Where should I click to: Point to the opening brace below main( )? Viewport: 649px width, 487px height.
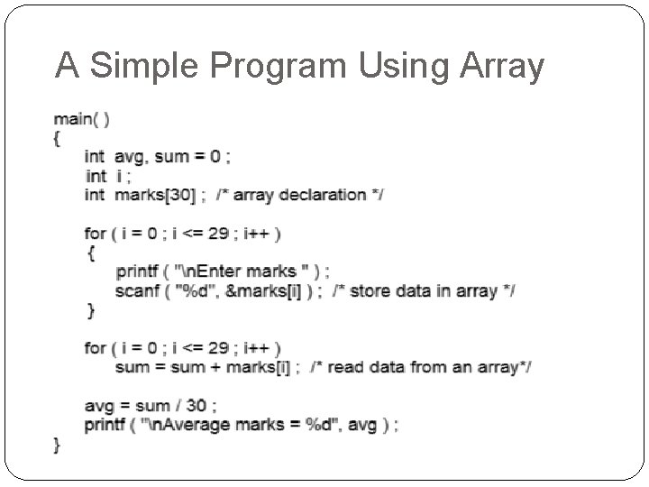tap(57, 137)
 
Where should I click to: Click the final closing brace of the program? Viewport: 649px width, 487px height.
tap(57, 444)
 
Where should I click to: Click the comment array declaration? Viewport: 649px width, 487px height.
tap(298, 195)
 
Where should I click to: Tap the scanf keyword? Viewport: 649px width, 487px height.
tap(136, 290)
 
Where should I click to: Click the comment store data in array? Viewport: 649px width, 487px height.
tap(423, 290)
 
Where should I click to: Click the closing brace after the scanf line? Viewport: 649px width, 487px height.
tap(89, 309)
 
